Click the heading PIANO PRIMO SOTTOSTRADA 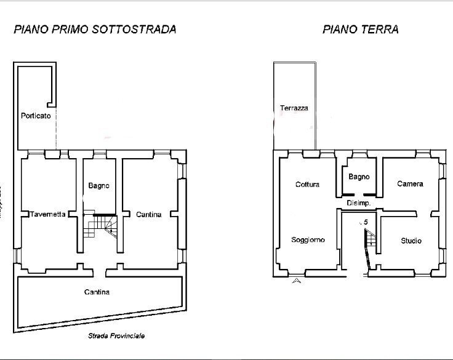95,29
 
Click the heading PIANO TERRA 360,29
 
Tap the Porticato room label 36,115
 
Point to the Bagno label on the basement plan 98,185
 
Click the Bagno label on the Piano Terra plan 359,177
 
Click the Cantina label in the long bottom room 97,292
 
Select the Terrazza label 294,108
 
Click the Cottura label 307,184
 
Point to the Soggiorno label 308,240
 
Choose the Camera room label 410,184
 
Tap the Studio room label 411,241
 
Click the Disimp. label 358,203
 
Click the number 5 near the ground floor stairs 366,222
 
